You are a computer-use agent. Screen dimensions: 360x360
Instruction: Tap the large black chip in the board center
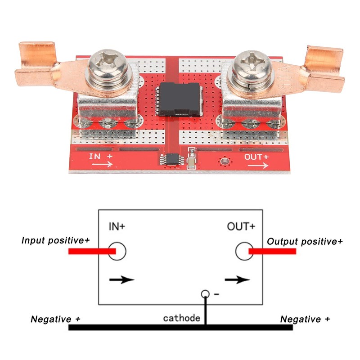click(x=179, y=99)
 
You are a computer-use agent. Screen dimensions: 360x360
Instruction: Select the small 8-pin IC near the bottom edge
click(x=172, y=159)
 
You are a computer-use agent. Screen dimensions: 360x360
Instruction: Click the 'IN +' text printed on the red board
click(x=101, y=156)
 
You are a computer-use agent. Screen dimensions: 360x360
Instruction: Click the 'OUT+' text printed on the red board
click(x=256, y=157)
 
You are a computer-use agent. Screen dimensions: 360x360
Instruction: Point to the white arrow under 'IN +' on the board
click(x=102, y=164)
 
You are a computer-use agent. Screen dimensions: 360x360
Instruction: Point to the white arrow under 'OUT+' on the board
click(x=258, y=165)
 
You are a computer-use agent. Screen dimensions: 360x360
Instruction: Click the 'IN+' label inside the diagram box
click(x=117, y=226)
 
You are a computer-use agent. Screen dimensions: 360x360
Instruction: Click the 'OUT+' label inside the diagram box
click(x=241, y=226)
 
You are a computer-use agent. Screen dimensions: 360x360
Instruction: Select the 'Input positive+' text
click(x=55, y=240)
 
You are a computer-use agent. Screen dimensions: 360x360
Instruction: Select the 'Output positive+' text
click(x=305, y=241)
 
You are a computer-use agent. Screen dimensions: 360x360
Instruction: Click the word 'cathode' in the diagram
click(x=182, y=318)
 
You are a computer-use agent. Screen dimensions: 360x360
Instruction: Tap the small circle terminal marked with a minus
click(x=205, y=294)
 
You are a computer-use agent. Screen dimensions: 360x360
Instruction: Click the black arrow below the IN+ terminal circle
click(x=121, y=279)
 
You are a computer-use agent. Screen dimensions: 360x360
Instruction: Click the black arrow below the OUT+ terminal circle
click(x=237, y=279)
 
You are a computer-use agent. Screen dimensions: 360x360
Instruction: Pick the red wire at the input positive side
click(x=92, y=251)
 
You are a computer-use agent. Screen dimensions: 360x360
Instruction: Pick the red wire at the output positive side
click(x=272, y=251)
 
